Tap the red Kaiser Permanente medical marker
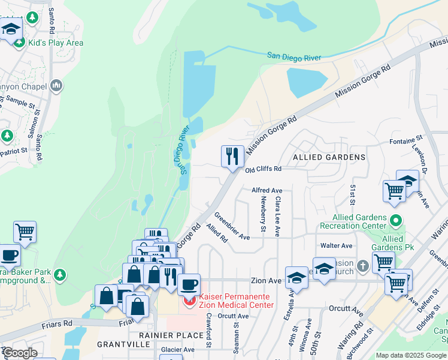[190, 301]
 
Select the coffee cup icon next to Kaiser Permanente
[189, 284]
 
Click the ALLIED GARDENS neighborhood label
[329, 157]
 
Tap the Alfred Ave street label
[267, 190]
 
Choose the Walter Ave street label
[336, 245]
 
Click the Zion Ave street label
[266, 280]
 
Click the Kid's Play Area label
[55, 43]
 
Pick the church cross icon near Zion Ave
[362, 265]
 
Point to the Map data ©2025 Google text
[410, 355]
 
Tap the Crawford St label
[209, 334]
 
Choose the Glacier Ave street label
[178, 349]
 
